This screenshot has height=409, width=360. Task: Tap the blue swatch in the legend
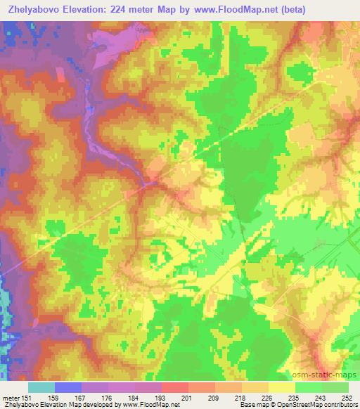tap(68, 387)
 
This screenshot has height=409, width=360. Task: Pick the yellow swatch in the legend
tap(282, 387)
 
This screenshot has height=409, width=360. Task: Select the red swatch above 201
tap(175, 387)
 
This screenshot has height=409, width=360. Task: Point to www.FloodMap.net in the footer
tap(148, 405)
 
